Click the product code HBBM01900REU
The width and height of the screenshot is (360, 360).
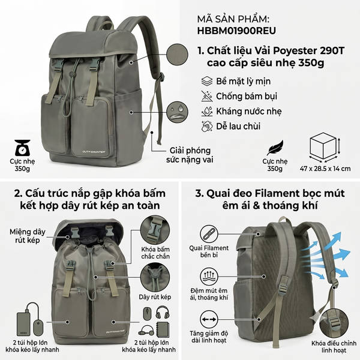click(236, 31)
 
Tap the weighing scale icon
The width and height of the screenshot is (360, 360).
click(22, 148)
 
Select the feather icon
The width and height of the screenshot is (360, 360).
click(275, 148)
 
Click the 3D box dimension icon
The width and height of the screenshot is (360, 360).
click(325, 147)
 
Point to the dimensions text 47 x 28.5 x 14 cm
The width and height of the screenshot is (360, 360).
click(325, 169)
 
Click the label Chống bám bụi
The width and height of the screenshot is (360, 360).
click(247, 96)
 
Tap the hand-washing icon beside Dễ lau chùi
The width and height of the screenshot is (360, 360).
click(207, 126)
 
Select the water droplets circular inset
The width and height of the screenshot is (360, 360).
click(177, 112)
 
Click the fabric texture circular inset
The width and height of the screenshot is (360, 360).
click(177, 55)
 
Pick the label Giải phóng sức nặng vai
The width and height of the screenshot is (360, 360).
click(190, 155)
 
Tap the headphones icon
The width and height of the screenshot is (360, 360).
click(163, 312)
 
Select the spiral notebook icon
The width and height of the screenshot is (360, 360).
click(163, 329)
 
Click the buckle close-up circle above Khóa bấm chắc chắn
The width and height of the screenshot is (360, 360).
click(155, 230)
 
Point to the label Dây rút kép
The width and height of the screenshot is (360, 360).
click(155, 297)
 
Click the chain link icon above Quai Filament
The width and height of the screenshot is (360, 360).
click(209, 234)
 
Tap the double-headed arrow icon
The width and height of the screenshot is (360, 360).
click(209, 319)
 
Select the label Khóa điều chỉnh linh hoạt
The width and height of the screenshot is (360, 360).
click(334, 347)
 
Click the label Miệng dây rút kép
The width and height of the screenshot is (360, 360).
click(28, 236)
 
